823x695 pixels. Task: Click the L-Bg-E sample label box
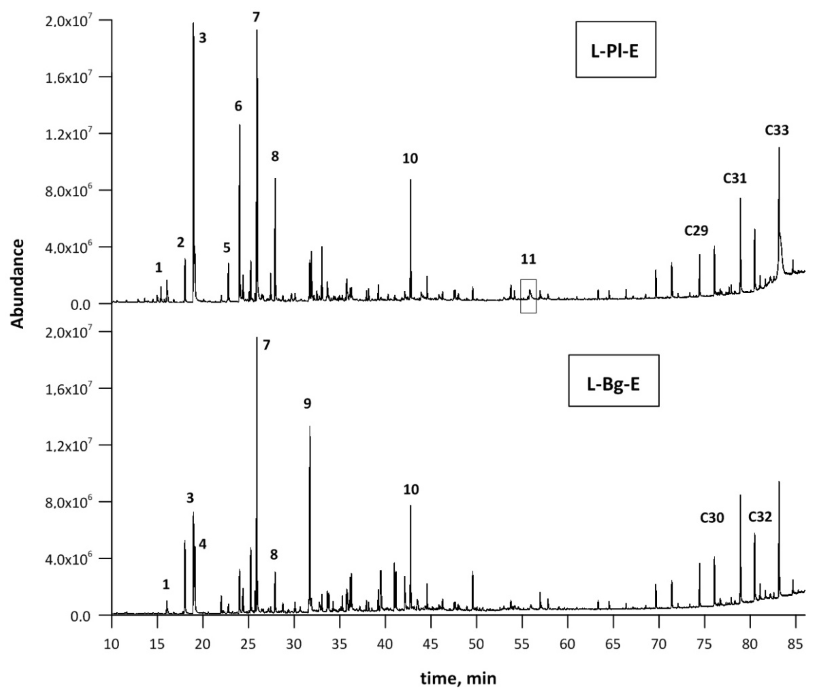613,380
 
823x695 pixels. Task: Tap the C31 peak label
735,178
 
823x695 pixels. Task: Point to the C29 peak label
696,230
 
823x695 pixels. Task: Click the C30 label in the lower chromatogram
712,518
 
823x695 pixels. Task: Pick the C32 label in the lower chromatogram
760,516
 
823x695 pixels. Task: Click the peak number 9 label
307,403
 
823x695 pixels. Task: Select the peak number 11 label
528,259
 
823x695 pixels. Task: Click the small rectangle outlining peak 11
528,296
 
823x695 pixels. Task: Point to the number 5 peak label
226,248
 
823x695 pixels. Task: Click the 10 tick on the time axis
112,644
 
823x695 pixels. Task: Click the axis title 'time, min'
458,678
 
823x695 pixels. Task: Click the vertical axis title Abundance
17,284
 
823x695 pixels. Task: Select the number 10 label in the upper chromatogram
410,159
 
